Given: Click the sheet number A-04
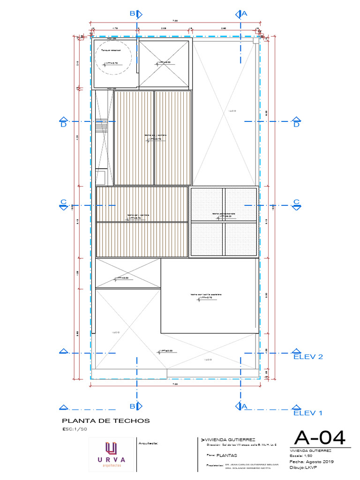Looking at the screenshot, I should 320,438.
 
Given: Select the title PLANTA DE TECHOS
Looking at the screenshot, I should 106,420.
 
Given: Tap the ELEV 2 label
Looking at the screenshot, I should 308,357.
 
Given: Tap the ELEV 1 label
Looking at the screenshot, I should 308,413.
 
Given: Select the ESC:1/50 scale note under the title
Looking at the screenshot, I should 75,429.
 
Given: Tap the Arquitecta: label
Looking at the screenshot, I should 149,442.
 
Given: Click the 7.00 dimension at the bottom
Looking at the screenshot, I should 175,384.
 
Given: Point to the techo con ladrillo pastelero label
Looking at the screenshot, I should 206,294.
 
